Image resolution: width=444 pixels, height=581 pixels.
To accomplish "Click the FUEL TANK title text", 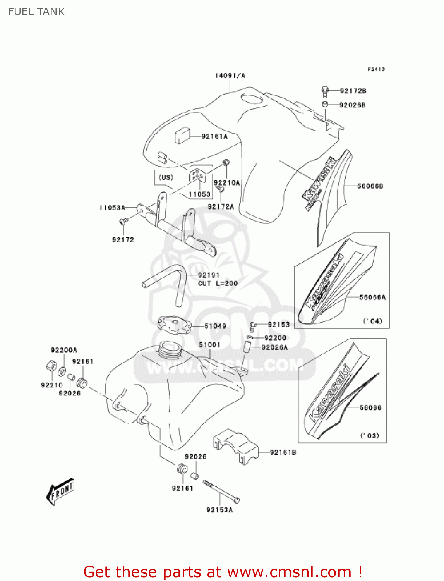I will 36,12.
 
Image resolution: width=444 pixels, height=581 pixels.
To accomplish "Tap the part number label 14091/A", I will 230,76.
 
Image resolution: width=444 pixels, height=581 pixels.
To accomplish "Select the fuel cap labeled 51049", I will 174,325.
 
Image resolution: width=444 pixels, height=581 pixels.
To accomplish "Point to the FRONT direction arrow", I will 60,492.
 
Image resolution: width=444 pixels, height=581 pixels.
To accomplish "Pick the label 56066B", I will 370,186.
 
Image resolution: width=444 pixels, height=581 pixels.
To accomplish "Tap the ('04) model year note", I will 372,321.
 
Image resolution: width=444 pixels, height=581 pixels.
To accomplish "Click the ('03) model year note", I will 370,436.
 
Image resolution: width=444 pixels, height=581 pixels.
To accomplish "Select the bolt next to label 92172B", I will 325,91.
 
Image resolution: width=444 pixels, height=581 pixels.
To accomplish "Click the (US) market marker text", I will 166,177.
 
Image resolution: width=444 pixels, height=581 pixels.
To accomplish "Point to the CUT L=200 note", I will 218,284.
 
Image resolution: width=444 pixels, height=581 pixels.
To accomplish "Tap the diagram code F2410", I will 376,69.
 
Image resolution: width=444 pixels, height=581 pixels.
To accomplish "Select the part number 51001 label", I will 209,345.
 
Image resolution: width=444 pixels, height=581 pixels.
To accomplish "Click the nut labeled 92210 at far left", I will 50,366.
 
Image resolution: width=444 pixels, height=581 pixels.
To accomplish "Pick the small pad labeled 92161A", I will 182,136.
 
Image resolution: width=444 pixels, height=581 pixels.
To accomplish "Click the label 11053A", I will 112,208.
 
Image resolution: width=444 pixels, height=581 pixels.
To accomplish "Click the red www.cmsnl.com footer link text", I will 289,572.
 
